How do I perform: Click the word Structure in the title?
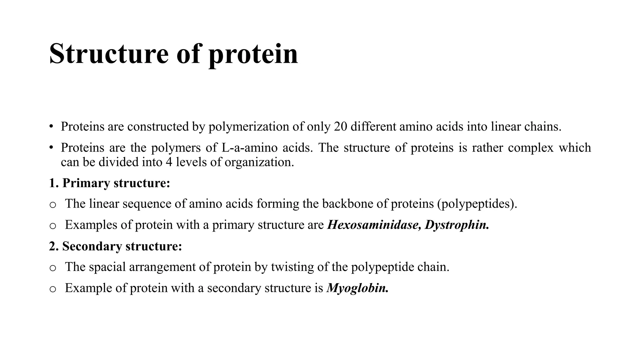point(109,54)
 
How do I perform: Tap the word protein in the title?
point(253,55)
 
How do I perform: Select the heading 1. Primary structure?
point(110,183)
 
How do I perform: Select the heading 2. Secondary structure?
point(116,246)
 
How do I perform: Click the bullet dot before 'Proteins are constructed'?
point(52,127)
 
